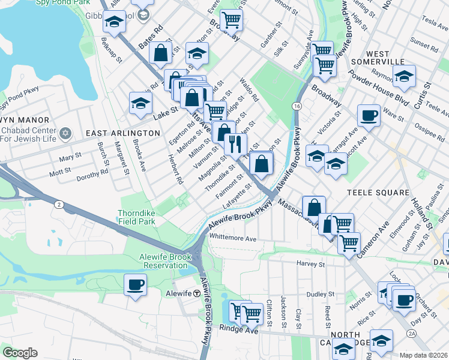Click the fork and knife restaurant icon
coord(235,143)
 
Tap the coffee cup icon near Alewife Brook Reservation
coord(136,284)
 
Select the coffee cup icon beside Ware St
coord(369,115)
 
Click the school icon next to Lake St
coord(140,103)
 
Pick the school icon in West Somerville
coord(405,76)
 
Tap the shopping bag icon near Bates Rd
coord(161,52)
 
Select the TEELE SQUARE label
coord(378,193)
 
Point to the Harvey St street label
coord(310,263)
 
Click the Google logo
coord(20,352)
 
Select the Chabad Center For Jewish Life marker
coord(66,132)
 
